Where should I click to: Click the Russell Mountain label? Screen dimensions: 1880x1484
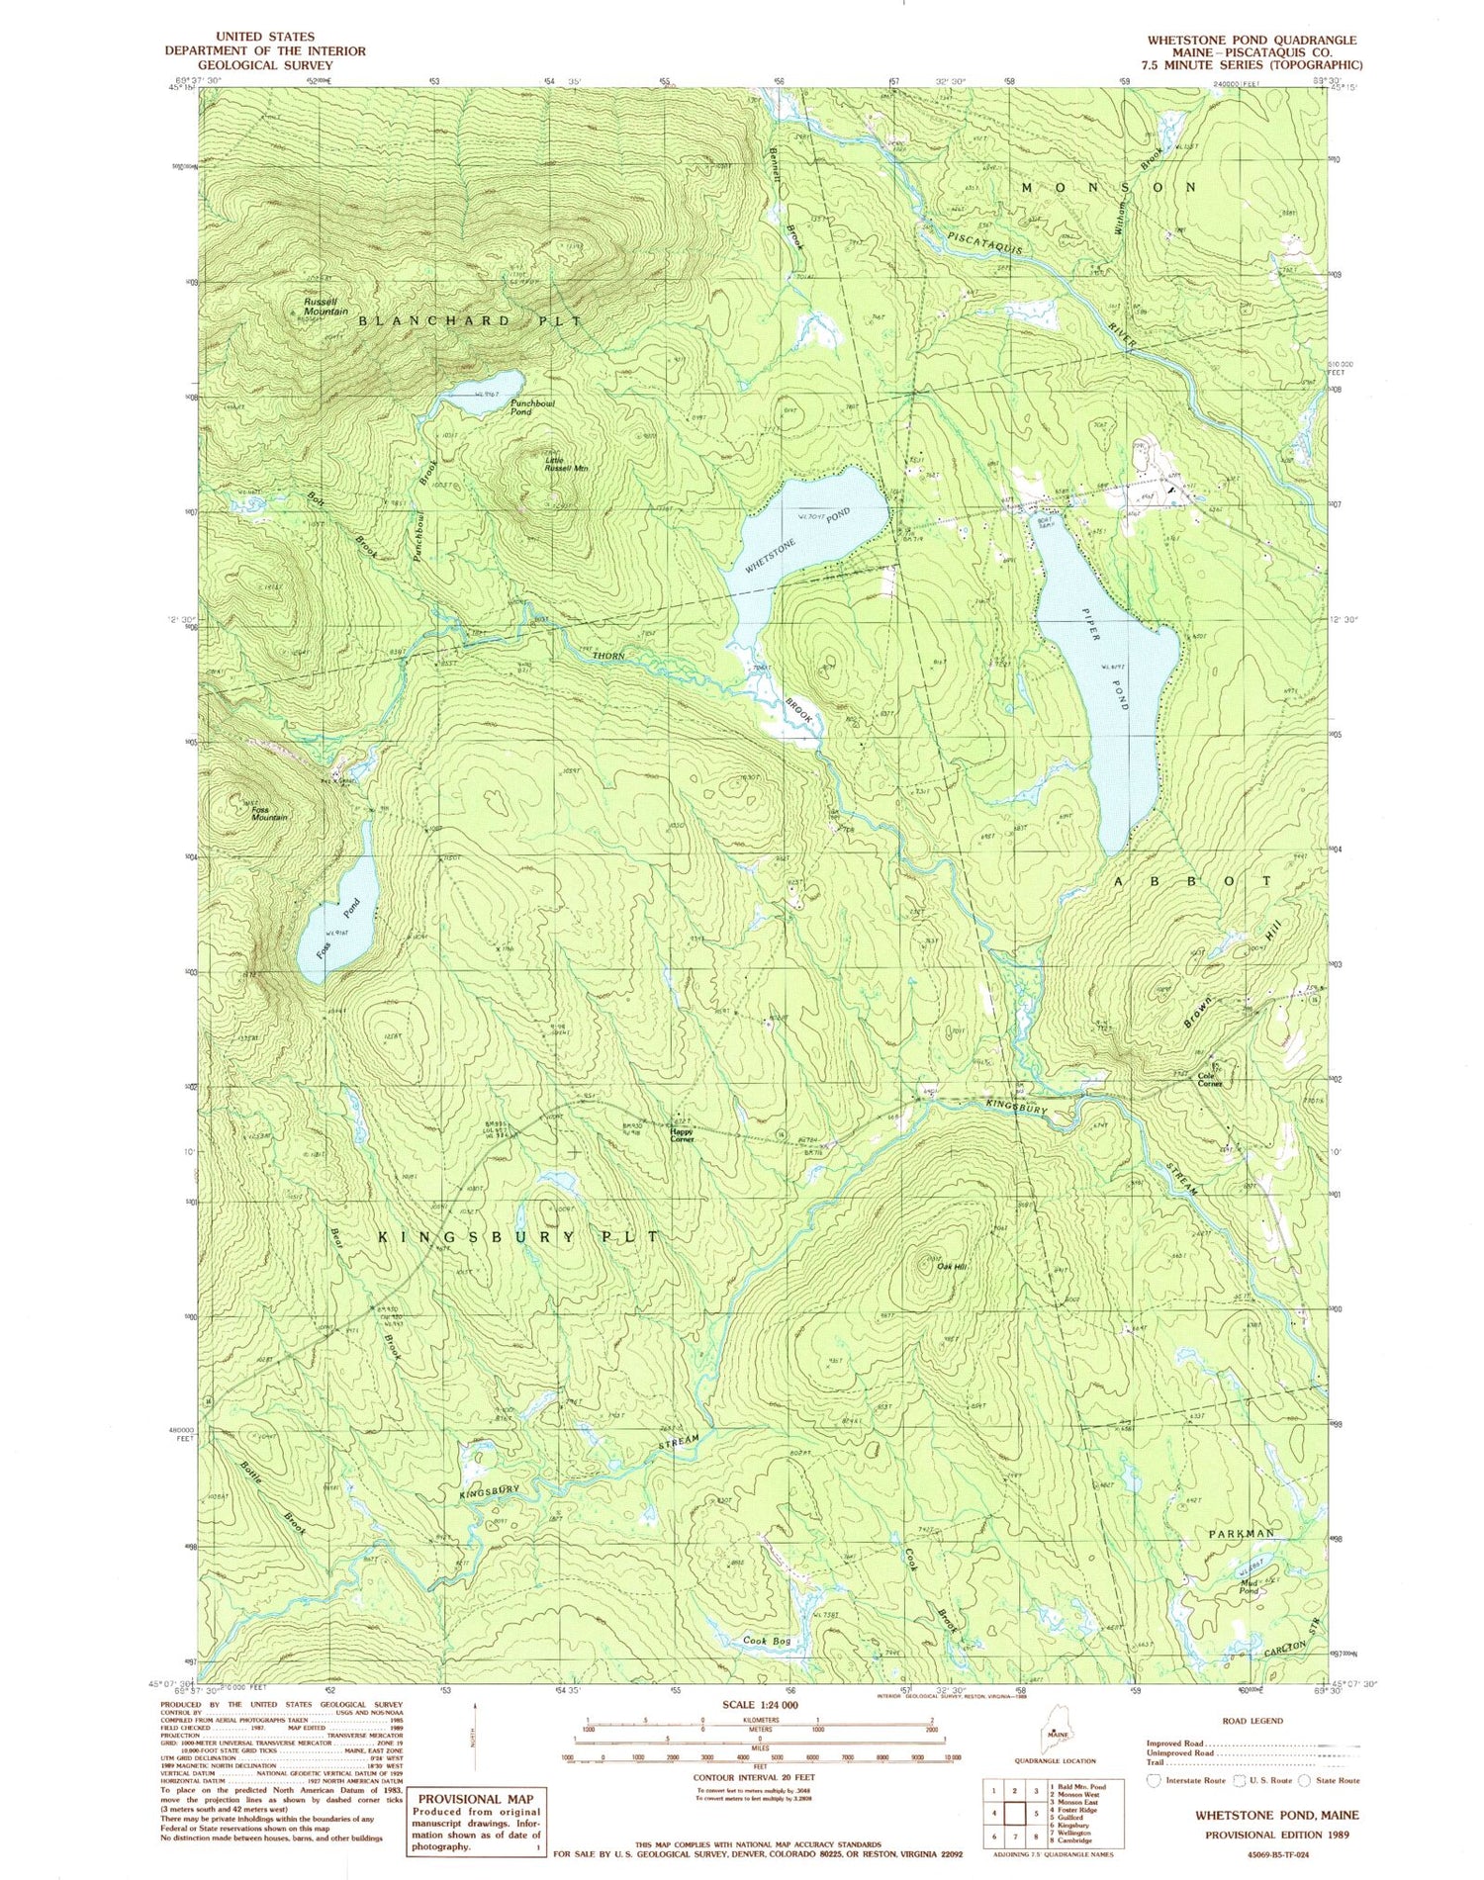point(325,306)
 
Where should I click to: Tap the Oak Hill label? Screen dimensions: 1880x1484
point(952,1267)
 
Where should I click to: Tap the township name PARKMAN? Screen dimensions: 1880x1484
point(1242,1533)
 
